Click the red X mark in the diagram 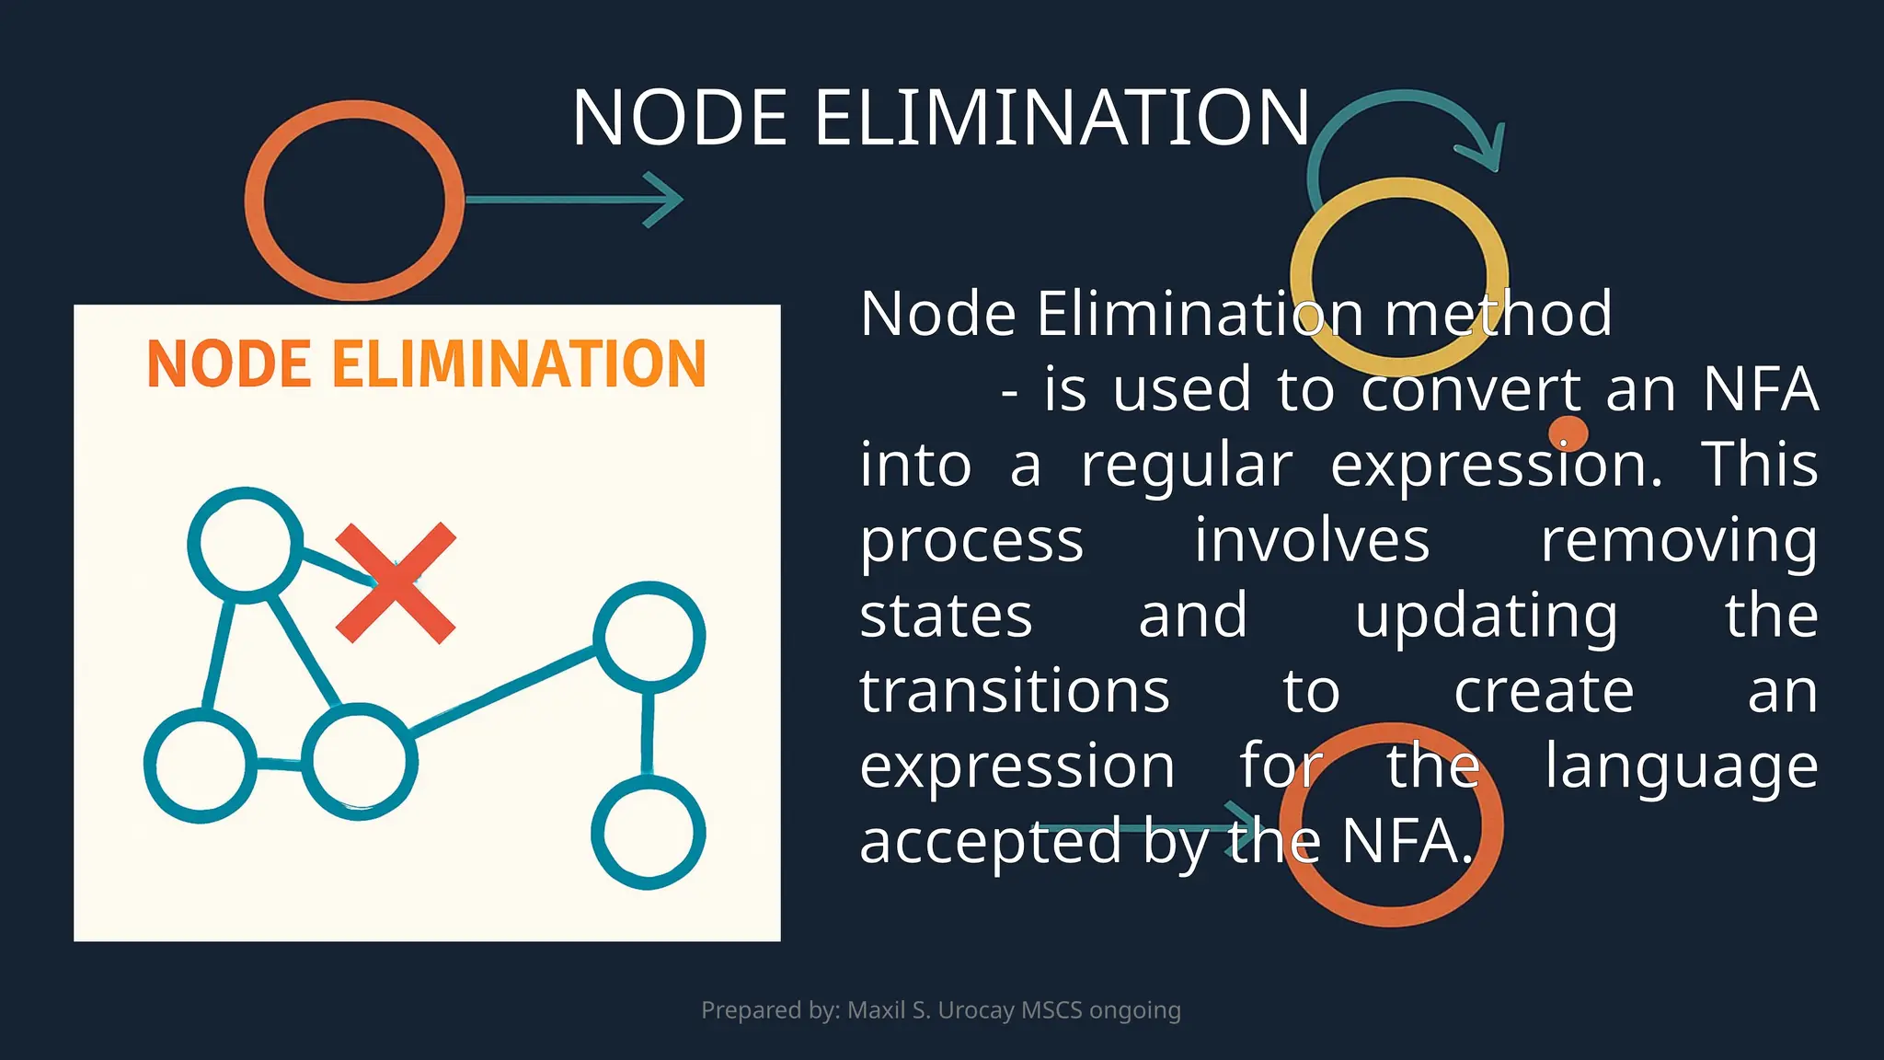pos(396,582)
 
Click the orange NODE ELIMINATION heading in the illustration pos(427,364)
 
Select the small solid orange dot pos(1568,433)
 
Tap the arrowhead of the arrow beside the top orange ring pos(666,199)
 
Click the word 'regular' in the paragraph pos(1187,465)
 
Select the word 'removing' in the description pos(1679,540)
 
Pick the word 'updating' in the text pos(1486,616)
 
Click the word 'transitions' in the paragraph pos(1015,691)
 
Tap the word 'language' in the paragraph pos(1681,766)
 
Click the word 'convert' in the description pos(1471,389)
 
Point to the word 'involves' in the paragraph pos(1312,540)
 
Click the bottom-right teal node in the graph pos(649,833)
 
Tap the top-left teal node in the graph pos(246,545)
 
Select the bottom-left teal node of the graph pos(201,766)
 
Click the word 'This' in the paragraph pos(1759,465)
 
